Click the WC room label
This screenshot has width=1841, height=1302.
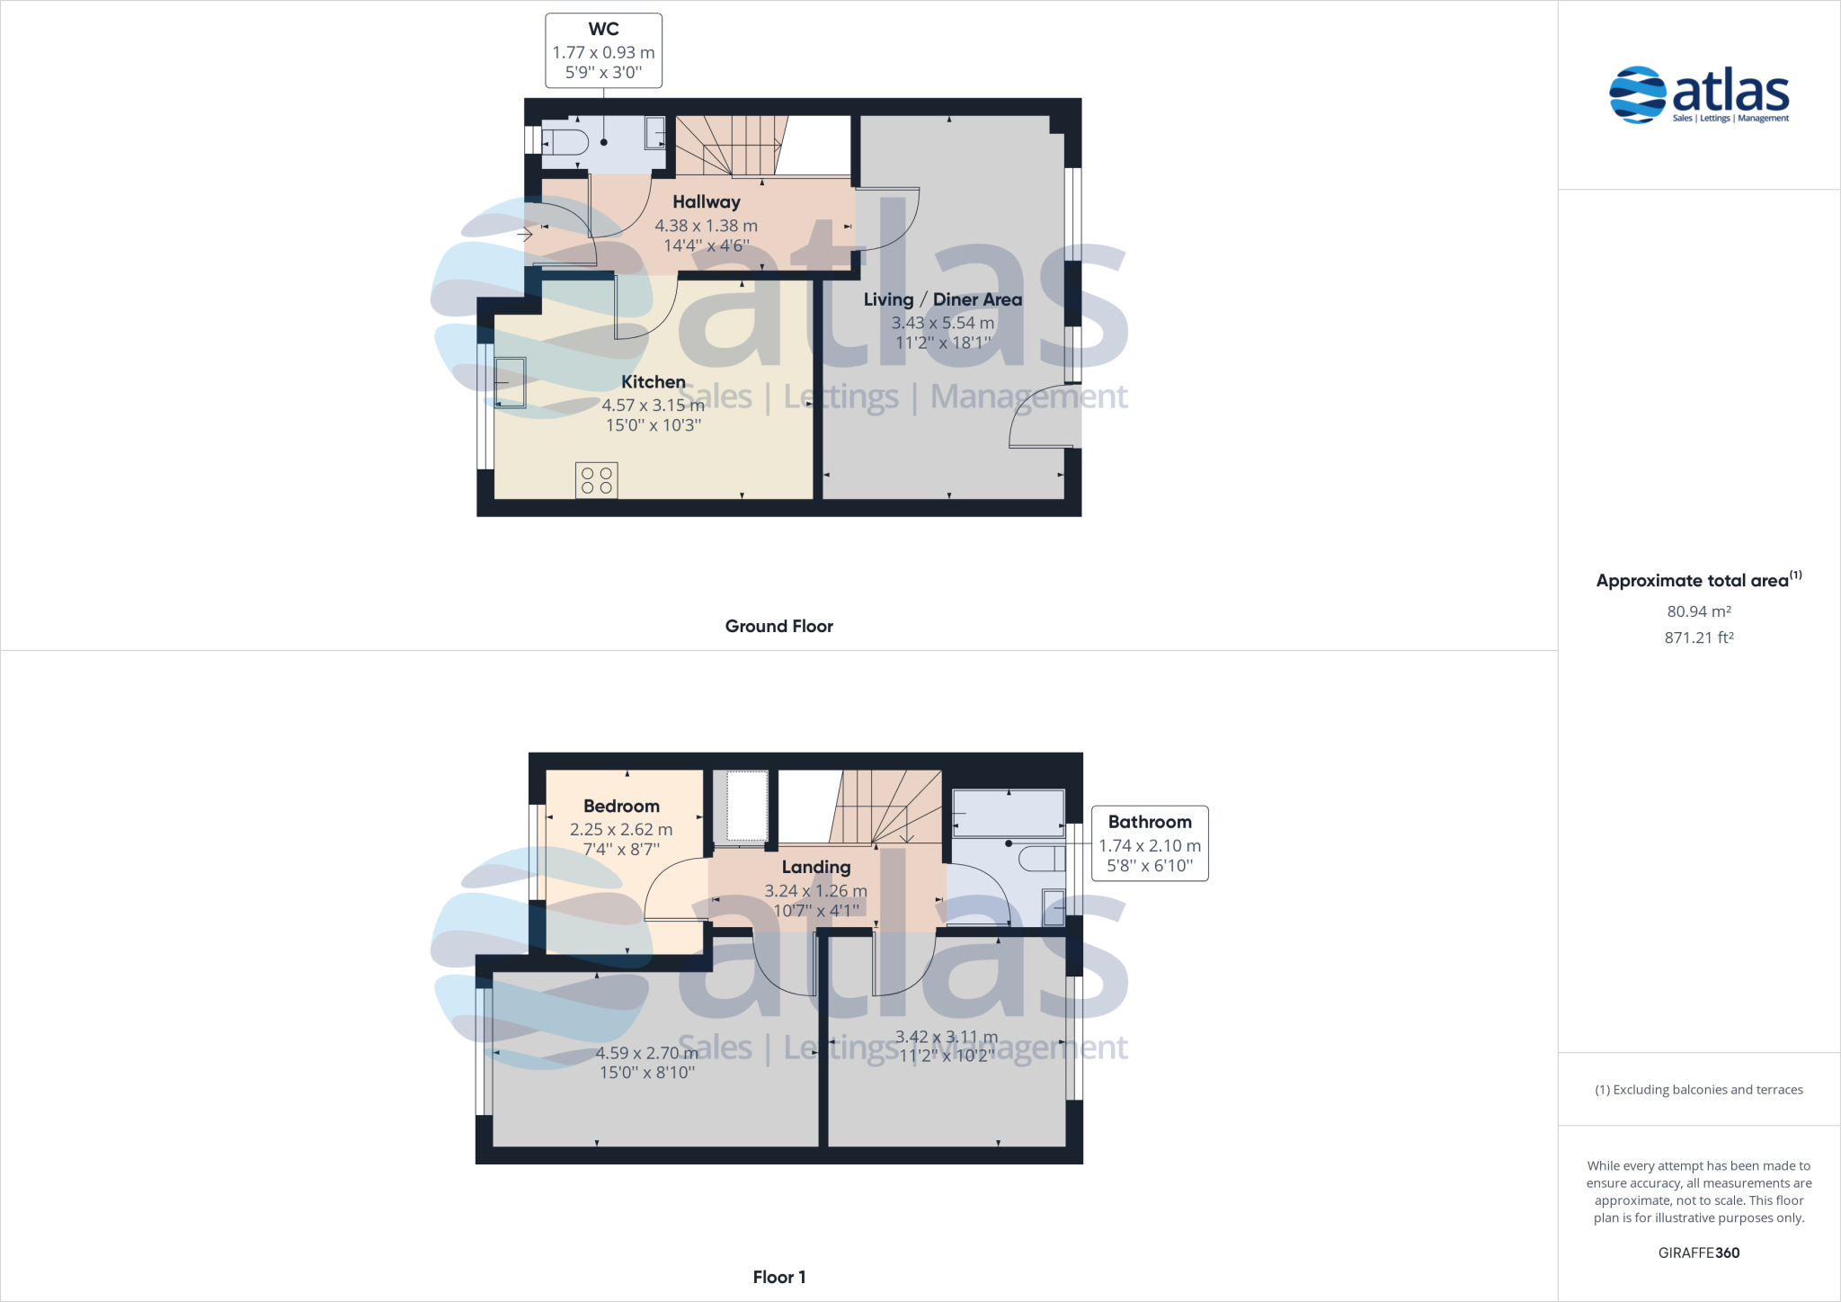603,30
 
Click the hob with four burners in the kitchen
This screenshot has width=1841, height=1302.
597,480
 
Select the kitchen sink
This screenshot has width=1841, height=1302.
510,383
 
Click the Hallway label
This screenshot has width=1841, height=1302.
707,202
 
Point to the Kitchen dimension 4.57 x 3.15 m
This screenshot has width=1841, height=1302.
653,406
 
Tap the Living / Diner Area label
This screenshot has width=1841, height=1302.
942,299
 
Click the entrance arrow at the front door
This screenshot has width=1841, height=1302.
526,236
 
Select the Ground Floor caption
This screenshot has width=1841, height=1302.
778,626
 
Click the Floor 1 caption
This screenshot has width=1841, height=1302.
778,1277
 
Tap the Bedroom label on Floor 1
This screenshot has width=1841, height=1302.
621,807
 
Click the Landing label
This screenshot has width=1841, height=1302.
815,867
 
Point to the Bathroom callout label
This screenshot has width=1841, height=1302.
1149,822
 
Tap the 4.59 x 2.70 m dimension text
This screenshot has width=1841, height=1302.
646,1053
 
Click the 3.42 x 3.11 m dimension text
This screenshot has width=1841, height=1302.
947,1038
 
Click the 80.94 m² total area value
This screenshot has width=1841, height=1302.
1698,611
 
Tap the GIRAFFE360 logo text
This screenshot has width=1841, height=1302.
1698,1253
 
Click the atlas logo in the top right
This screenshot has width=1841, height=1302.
1698,94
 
